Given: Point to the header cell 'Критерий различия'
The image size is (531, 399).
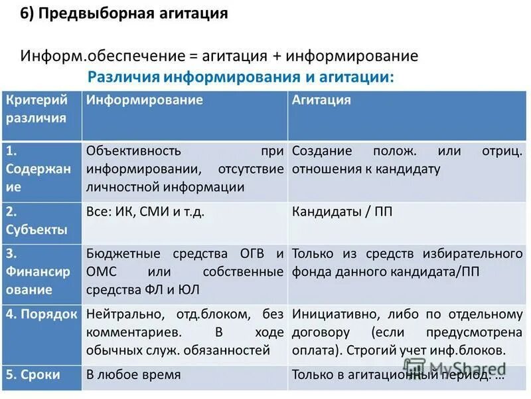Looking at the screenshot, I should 37,109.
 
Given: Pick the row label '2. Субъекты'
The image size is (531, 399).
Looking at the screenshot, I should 37,221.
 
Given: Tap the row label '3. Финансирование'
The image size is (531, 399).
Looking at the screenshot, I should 38,271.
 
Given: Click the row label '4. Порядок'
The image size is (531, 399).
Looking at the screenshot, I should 41,314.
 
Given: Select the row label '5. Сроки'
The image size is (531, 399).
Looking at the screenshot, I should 33,374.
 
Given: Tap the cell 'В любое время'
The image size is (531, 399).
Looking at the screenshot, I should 133,374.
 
